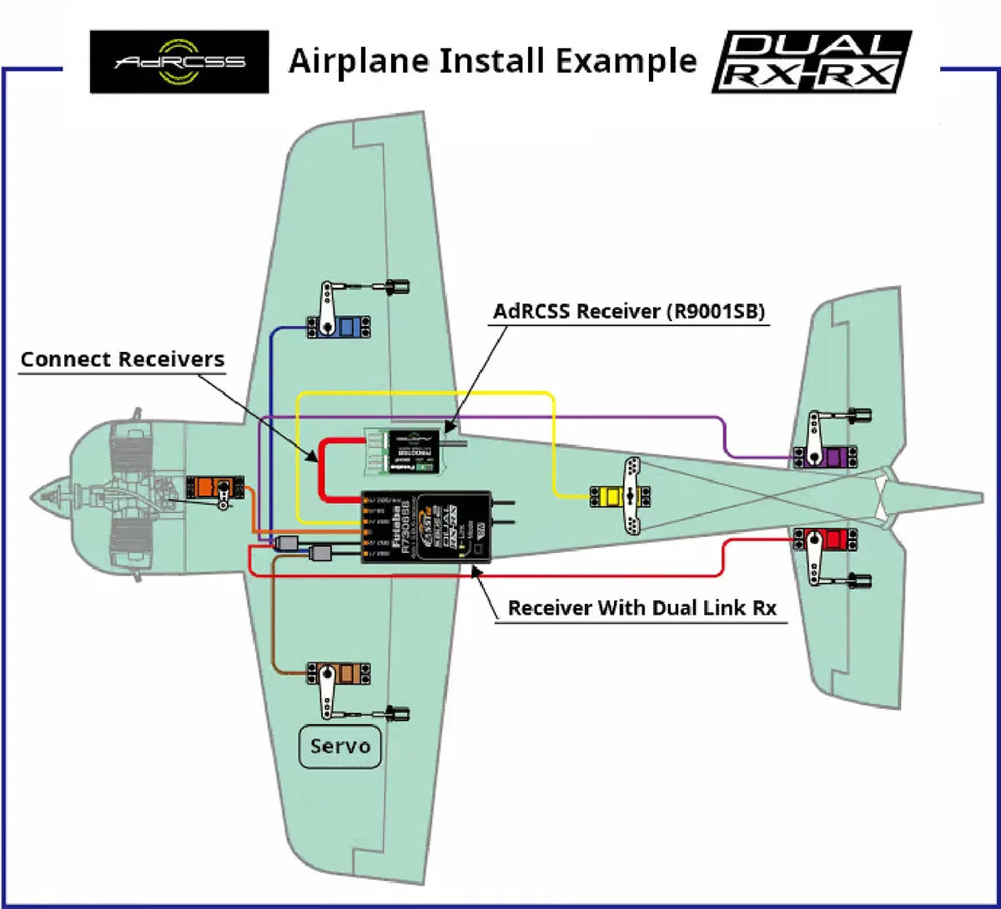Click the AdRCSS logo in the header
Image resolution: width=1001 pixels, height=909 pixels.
[179, 61]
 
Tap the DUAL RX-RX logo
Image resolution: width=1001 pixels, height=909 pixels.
[811, 61]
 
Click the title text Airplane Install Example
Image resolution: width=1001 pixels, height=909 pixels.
[492, 61]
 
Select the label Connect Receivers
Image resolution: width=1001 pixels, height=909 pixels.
[123, 359]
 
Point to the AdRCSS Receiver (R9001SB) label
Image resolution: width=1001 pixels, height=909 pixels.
[630, 312]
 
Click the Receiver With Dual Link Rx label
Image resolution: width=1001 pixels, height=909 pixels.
[642, 608]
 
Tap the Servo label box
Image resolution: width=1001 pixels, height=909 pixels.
[340, 745]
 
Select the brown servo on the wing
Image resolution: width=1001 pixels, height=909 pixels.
[339, 674]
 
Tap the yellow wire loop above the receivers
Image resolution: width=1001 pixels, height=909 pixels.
[425, 393]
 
